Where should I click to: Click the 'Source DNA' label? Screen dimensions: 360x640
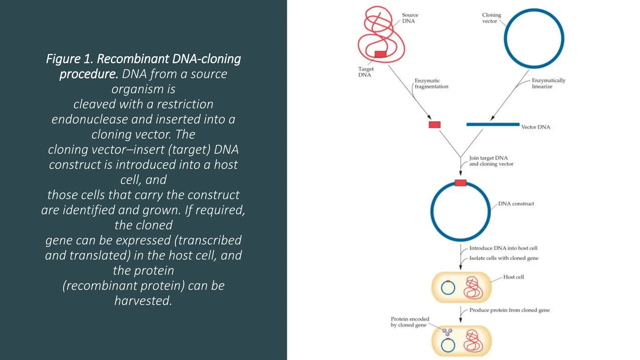[410, 18]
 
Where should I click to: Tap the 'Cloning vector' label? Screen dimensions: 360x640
[491, 18]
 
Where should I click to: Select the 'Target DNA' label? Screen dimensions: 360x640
[366, 72]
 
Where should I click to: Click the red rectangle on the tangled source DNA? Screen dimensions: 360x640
[380, 54]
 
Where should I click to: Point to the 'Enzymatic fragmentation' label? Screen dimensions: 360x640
[431, 83]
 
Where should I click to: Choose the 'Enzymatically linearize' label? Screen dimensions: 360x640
[548, 83]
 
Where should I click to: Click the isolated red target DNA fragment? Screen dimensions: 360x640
[434, 125]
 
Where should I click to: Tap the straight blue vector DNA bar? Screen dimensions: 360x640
[492, 124]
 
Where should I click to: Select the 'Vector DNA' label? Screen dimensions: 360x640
[536, 127]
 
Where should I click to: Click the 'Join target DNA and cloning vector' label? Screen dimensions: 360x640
[491, 161]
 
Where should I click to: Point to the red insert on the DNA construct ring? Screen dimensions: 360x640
[460, 183]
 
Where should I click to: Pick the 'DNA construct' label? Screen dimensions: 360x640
[516, 204]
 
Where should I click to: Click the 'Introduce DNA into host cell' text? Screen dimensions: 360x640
[503, 248]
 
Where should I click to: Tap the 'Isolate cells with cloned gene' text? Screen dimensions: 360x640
[504, 258]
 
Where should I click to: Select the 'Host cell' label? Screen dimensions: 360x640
[513, 277]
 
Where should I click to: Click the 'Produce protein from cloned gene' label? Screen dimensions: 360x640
[509, 310]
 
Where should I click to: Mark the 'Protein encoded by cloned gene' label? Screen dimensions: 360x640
[410, 322]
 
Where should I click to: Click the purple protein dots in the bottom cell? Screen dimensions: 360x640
[447, 332]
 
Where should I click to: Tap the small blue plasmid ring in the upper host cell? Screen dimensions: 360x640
[448, 288]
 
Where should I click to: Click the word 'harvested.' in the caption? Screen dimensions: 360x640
[143, 301]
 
